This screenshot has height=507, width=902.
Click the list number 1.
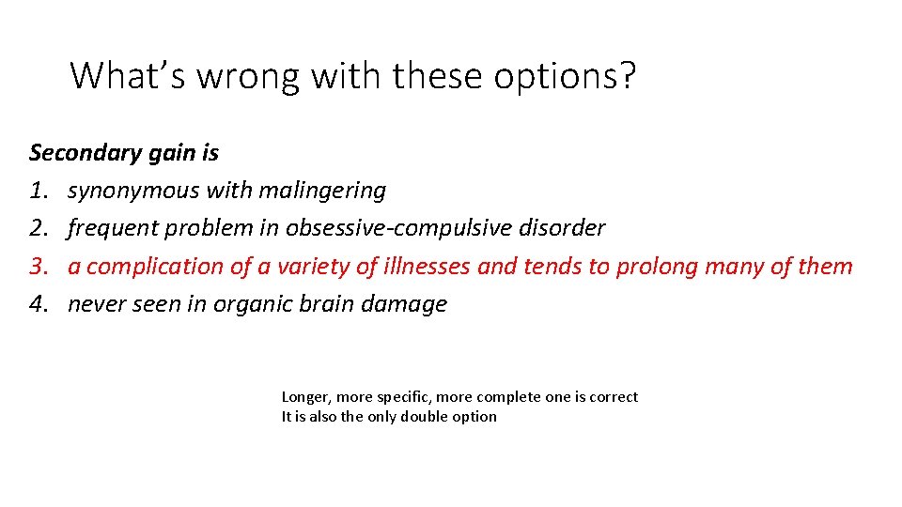pos(38,191)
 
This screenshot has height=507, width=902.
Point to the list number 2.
pos(38,228)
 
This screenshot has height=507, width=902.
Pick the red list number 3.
pos(38,267)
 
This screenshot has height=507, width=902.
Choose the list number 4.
pos(38,304)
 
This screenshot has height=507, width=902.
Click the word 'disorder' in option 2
pos(567,228)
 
